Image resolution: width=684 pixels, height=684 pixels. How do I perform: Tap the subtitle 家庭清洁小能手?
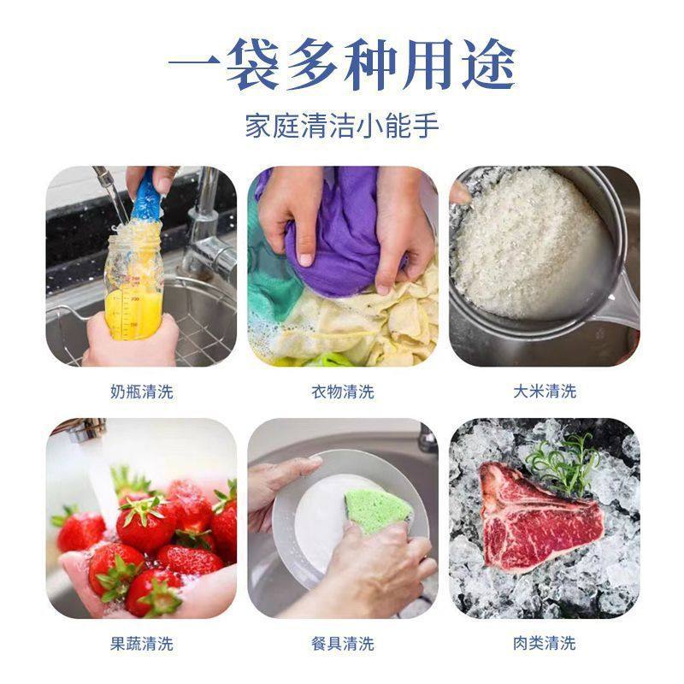click(342, 127)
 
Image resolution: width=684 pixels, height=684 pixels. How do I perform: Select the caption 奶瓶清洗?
click(141, 392)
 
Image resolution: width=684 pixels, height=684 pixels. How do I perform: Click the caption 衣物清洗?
click(342, 392)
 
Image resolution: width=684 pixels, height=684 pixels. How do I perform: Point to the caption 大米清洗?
click(544, 392)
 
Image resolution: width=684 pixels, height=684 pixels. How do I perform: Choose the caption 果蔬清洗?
click(141, 643)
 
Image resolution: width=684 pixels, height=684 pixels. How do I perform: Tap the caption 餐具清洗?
click(342, 643)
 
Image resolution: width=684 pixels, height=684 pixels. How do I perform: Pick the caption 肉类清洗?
click(544, 643)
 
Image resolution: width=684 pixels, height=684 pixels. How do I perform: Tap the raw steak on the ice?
click(534, 517)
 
